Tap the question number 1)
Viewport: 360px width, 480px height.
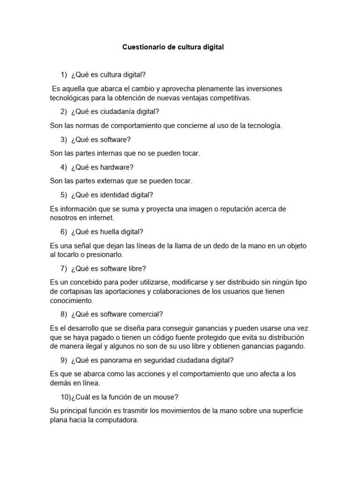[64, 75]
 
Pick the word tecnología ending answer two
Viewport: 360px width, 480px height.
[262, 126]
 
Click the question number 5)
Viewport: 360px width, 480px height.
[64, 195]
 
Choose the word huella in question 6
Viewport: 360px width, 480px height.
[105, 232]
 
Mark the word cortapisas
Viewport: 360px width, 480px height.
[75, 292]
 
